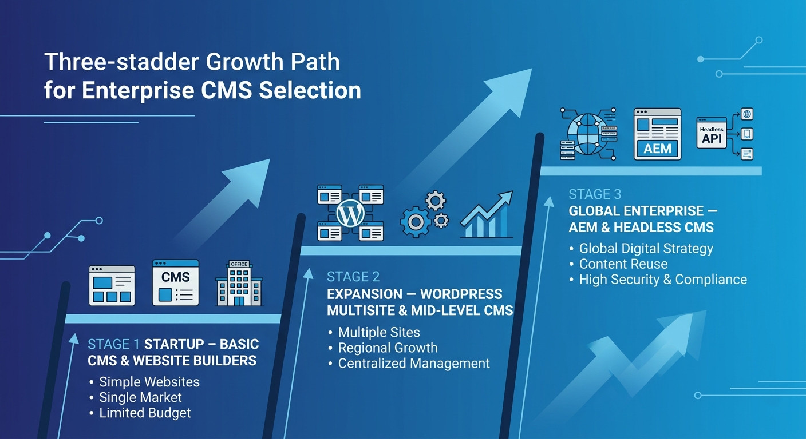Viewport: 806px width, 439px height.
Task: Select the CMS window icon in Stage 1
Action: tap(176, 283)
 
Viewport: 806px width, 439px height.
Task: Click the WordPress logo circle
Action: tap(350, 213)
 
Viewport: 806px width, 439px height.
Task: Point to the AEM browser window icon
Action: tap(657, 134)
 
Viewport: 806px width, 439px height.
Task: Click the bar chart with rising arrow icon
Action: tap(487, 215)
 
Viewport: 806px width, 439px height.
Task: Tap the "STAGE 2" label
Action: tap(353, 277)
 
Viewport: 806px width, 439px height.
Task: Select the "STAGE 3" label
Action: tap(595, 194)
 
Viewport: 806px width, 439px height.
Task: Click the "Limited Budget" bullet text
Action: tap(145, 413)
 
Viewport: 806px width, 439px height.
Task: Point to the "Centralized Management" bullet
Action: tap(414, 363)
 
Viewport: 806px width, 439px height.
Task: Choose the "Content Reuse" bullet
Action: tap(623, 264)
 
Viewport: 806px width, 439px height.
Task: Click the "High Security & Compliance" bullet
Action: tap(663, 280)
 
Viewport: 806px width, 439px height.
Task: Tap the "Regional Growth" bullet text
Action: tap(388, 348)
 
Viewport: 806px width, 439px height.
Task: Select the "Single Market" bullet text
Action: tap(140, 397)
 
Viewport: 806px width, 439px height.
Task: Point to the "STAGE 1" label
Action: tap(113, 345)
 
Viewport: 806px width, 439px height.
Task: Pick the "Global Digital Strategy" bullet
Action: tap(646, 249)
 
